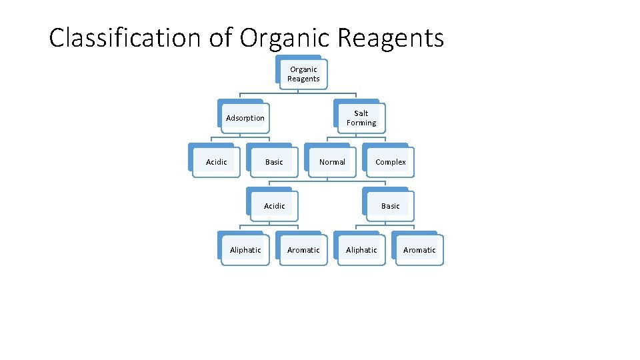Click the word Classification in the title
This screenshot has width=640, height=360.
[125, 38]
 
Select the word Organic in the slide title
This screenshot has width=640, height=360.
[285, 38]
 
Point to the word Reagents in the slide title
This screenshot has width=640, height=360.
[391, 38]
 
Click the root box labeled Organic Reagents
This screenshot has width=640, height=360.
[303, 74]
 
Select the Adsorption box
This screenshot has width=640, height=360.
[245, 118]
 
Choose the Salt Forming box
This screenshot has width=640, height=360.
[361, 118]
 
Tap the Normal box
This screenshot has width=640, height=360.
[332, 162]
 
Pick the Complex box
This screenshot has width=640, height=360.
[391, 162]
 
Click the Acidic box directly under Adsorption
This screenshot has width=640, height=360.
[216, 162]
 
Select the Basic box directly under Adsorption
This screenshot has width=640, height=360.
[274, 162]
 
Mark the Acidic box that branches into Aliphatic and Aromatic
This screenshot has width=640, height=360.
[274, 206]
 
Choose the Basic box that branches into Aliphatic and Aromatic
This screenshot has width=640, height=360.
[391, 206]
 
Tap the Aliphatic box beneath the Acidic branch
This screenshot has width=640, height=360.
[245, 250]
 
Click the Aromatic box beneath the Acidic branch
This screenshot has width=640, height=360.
[303, 250]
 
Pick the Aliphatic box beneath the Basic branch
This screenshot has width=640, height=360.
[361, 250]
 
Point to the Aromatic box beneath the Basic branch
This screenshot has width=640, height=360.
[419, 250]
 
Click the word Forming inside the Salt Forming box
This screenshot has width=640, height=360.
[361, 123]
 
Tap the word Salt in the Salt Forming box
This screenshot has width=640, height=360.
[361, 113]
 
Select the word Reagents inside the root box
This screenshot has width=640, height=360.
[303, 79]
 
